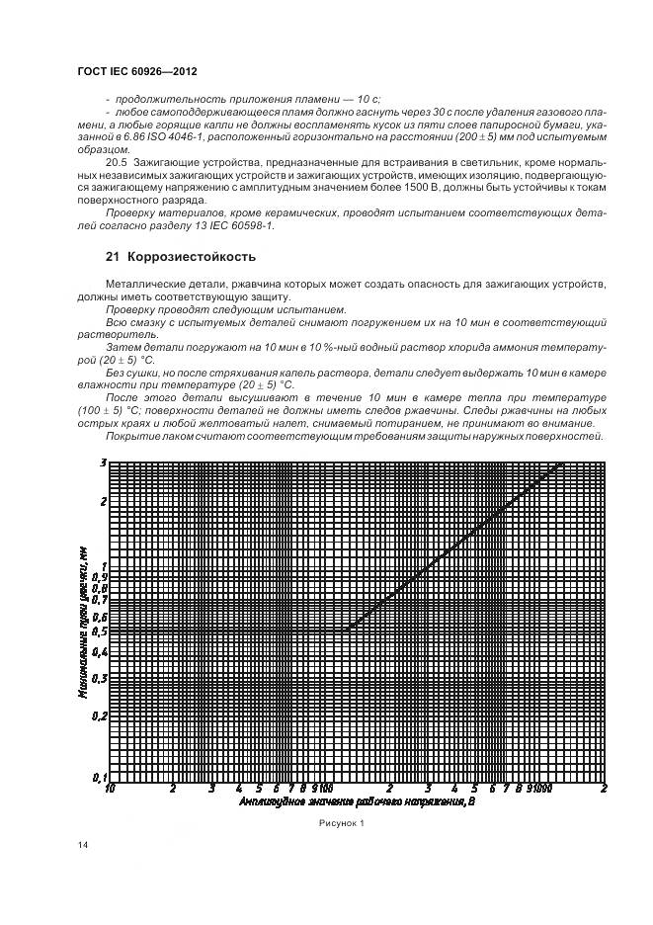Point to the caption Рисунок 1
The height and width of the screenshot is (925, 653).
(x=341, y=822)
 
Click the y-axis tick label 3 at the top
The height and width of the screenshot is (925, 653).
(x=103, y=462)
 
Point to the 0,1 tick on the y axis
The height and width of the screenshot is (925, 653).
(x=99, y=777)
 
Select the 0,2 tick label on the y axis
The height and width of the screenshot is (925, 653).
(x=99, y=716)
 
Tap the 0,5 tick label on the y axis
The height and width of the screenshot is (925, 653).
(x=99, y=630)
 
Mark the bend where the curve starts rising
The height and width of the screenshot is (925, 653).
(x=347, y=629)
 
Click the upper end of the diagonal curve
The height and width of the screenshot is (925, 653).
(x=563, y=462)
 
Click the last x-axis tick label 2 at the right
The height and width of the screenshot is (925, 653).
(x=604, y=789)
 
